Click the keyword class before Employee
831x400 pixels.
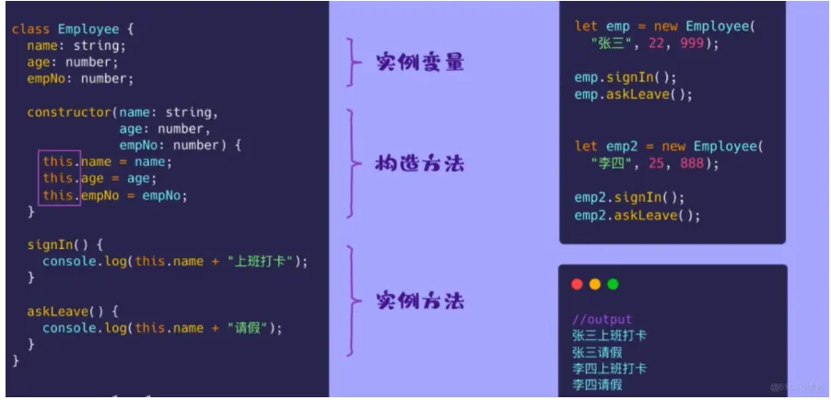[30, 29]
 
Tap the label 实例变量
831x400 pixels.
[419, 63]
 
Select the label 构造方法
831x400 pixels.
[419, 164]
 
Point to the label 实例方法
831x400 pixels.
[419, 300]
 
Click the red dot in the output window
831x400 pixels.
[578, 285]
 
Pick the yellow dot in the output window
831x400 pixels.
[595, 285]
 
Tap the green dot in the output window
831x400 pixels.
[613, 285]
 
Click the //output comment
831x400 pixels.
[602, 320]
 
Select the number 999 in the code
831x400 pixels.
[697, 43]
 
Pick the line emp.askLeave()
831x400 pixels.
[633, 94]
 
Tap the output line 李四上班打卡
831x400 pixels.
[609, 369]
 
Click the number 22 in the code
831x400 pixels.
[660, 43]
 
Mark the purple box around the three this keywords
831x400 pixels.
[59, 179]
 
